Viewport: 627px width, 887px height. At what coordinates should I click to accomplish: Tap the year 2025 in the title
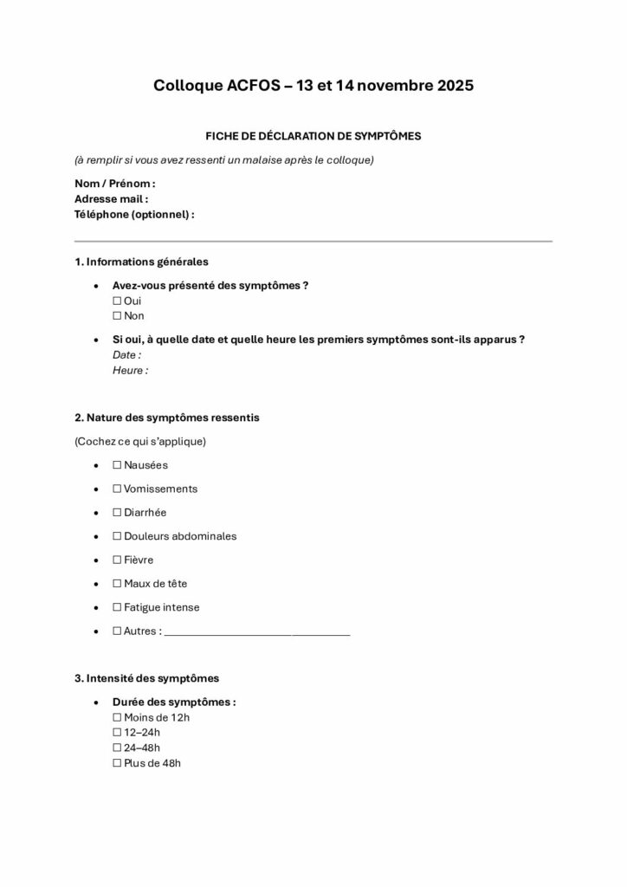443,86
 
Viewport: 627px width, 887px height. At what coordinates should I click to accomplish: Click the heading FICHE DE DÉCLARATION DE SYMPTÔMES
313,136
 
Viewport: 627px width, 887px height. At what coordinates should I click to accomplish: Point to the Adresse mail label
112,198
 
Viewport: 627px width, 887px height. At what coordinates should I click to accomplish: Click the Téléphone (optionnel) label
134,213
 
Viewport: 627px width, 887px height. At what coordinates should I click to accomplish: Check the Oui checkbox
117,301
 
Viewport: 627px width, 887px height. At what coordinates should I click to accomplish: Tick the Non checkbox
117,316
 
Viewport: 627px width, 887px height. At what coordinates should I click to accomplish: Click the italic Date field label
126,354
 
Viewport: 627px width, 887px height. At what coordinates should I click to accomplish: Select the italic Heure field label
130,370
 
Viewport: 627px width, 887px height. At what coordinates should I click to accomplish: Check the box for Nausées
117,465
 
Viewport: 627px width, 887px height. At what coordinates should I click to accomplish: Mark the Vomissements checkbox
117,489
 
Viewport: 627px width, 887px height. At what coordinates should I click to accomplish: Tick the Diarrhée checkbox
117,513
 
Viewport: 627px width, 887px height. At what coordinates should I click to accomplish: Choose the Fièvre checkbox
117,560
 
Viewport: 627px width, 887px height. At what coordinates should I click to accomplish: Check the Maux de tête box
117,584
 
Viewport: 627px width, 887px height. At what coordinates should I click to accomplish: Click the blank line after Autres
257,633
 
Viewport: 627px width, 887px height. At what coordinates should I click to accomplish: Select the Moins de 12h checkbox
117,717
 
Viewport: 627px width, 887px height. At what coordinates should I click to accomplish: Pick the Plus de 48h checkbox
117,764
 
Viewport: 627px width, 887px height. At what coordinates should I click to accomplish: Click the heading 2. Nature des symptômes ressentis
167,418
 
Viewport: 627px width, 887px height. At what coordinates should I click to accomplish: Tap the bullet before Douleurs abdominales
94,537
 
